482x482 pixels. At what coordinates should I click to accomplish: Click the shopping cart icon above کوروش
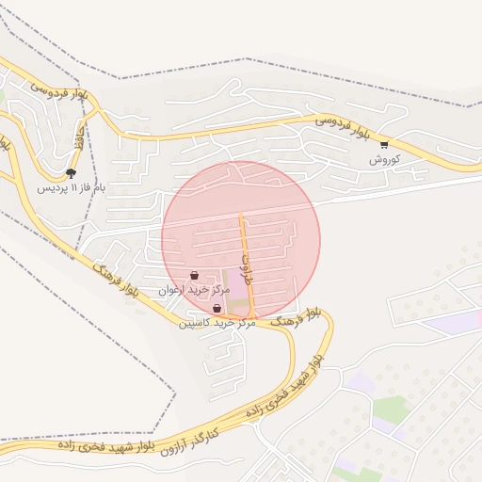(384, 144)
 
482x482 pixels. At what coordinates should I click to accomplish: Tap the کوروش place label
(384, 160)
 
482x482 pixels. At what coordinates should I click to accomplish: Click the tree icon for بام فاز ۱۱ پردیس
(72, 172)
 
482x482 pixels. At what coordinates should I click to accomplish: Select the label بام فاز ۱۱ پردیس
(72, 187)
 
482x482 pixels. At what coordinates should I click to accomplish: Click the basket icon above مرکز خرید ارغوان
(194, 276)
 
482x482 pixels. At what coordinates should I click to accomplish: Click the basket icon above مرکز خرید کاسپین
(217, 308)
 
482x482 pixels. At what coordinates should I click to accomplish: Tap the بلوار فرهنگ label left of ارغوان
(118, 279)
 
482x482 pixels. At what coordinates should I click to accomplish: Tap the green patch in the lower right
(389, 408)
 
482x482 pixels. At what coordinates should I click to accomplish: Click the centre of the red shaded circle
(241, 240)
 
